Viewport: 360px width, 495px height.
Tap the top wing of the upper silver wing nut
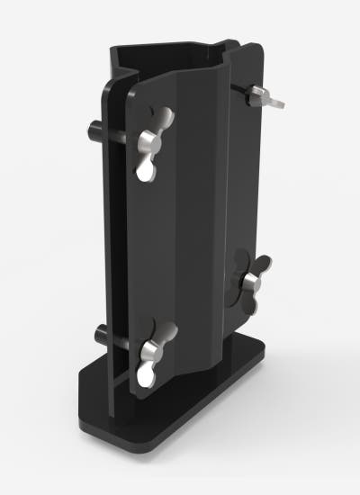(164, 118)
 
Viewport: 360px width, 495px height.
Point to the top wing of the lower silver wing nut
(165, 329)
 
